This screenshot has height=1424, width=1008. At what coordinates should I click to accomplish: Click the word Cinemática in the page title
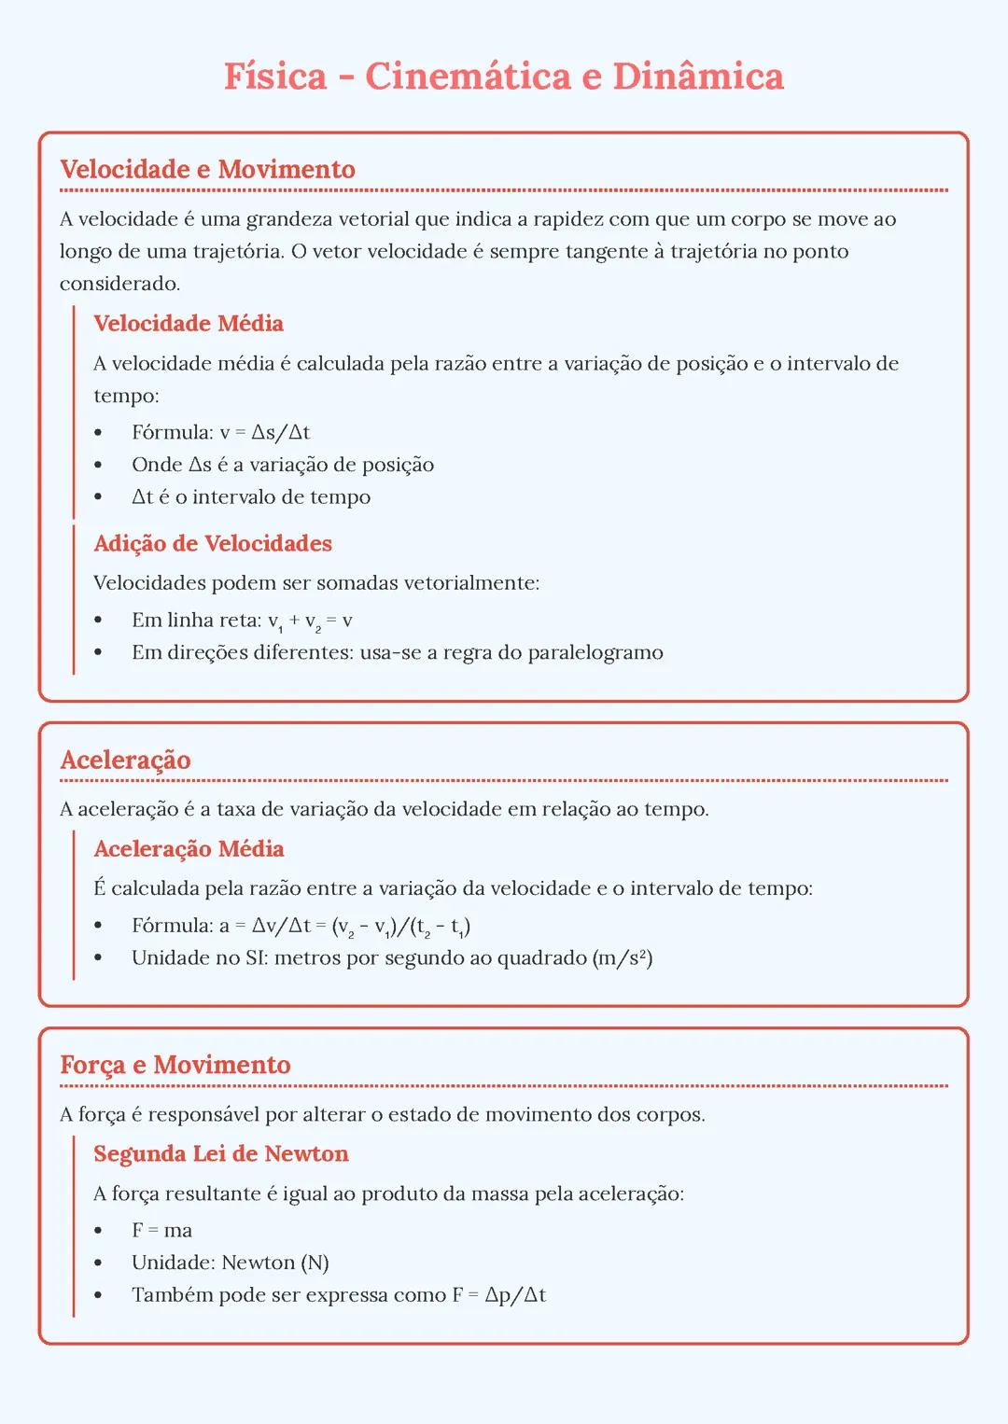click(x=468, y=77)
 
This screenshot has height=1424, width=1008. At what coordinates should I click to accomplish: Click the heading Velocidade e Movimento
click(x=207, y=169)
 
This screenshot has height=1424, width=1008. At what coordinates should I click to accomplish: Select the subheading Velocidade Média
click(x=189, y=323)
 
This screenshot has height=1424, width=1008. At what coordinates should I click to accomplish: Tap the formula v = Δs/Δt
click(x=265, y=432)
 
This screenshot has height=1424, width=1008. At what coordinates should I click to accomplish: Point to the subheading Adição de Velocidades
click(x=213, y=543)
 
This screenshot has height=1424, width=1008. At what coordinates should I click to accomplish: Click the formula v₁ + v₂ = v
click(x=310, y=621)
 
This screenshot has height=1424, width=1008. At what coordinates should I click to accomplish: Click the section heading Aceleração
click(x=125, y=760)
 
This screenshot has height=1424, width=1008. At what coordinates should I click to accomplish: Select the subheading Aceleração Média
click(x=189, y=848)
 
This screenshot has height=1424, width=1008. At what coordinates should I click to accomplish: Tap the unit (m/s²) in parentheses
click(x=623, y=957)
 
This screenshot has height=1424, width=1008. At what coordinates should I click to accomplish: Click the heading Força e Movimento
click(x=175, y=1065)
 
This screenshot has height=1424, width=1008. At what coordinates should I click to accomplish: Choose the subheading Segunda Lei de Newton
click(x=221, y=1153)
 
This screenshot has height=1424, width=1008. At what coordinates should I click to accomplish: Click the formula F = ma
click(x=161, y=1230)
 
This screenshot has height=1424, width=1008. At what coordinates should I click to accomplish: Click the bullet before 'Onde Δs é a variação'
click(x=98, y=465)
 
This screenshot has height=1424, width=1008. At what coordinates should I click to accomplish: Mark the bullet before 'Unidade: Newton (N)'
click(x=98, y=1263)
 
